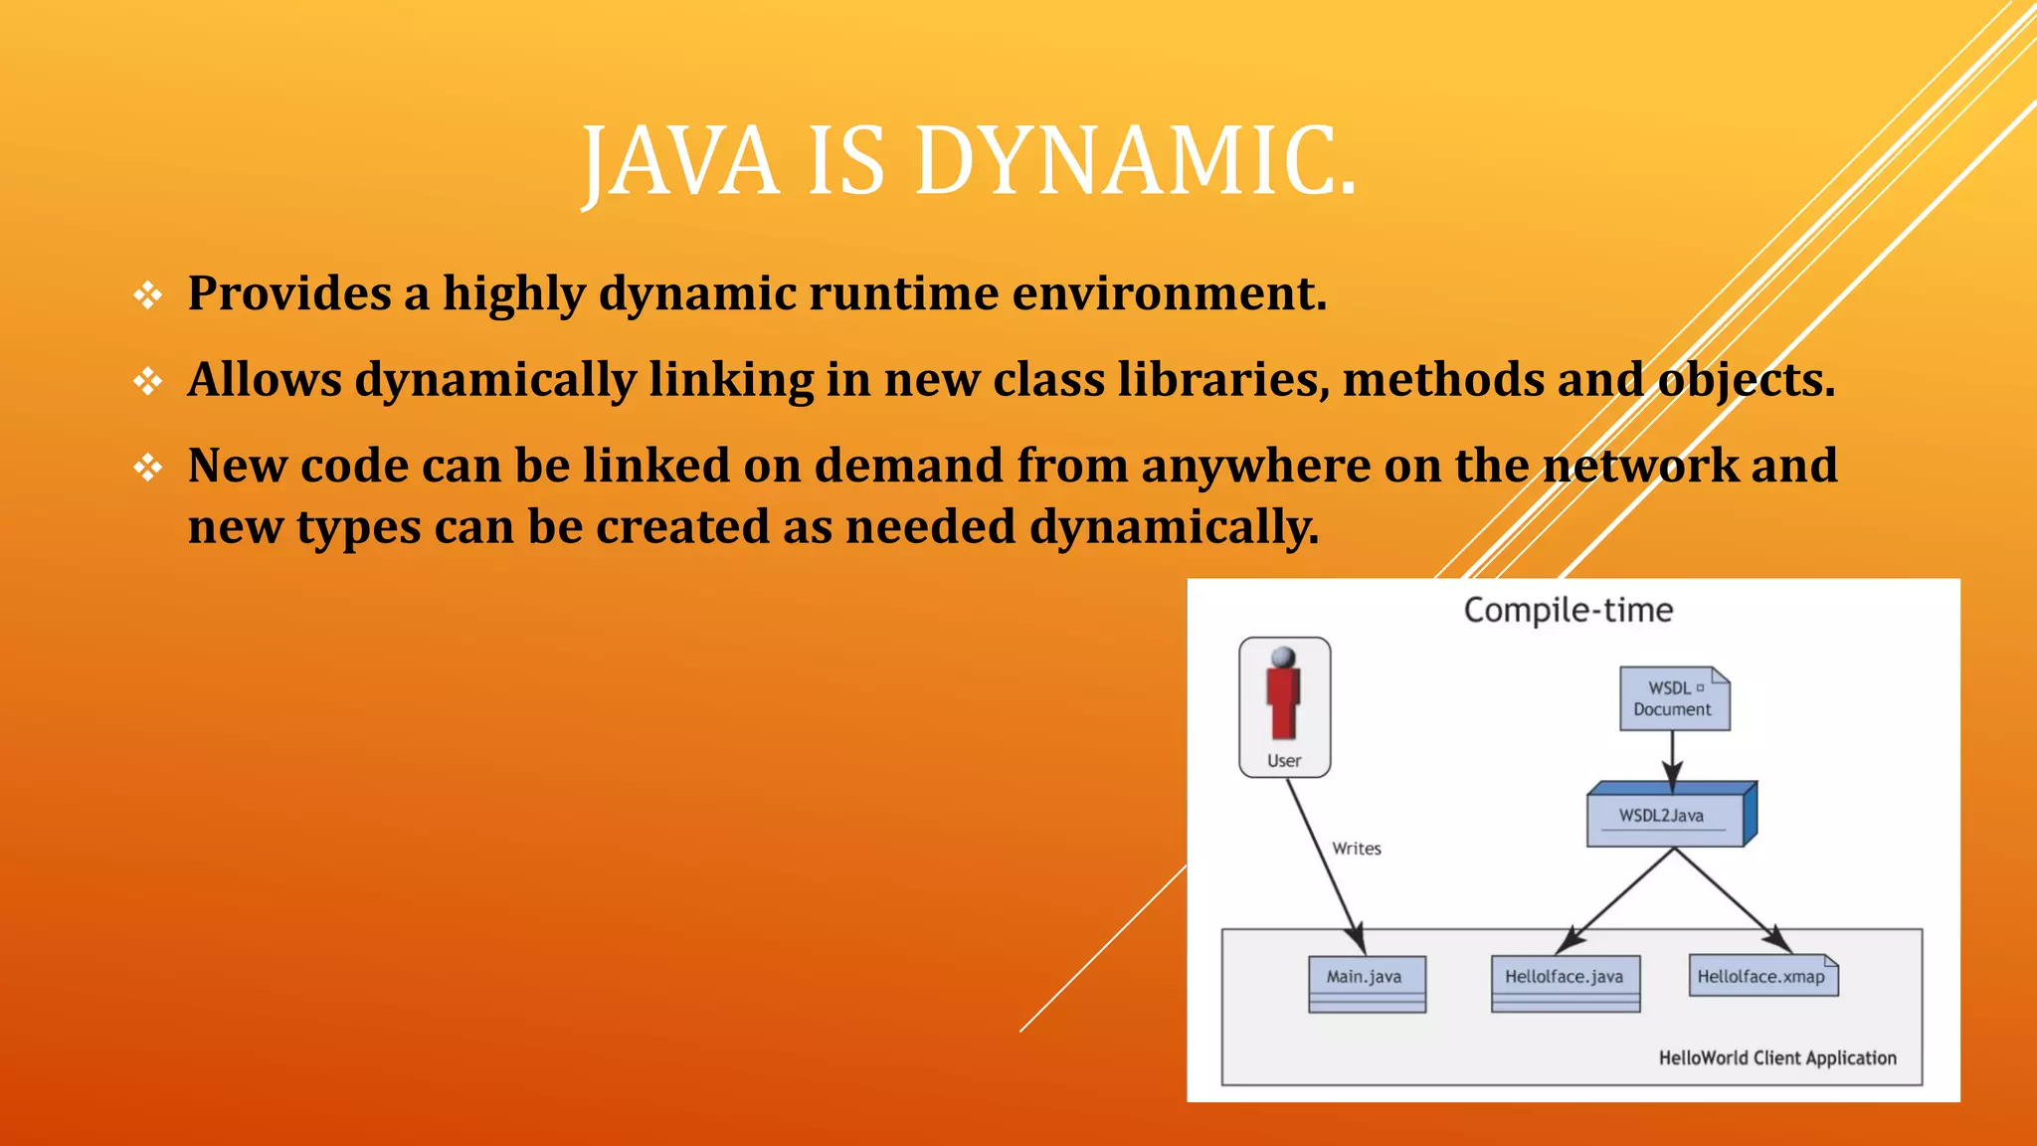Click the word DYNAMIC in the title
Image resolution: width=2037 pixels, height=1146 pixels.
coord(1136,161)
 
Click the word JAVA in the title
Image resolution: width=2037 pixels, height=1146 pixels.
coord(680,161)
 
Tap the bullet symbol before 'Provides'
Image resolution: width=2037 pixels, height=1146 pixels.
coord(148,295)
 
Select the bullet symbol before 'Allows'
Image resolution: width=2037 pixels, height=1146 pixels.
coord(148,381)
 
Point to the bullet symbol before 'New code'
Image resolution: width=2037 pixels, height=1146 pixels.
coord(148,468)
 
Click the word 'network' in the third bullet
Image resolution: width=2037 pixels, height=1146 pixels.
coord(1640,466)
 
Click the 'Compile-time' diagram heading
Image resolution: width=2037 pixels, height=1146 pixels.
coord(1568,610)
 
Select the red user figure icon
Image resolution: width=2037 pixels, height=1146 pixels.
coord(1283,692)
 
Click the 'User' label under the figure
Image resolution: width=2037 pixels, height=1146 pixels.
coord(1283,761)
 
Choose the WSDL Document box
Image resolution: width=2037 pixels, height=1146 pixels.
coord(1674,698)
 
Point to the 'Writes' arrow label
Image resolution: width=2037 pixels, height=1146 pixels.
coord(1356,849)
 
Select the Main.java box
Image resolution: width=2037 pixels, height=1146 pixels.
coord(1367,983)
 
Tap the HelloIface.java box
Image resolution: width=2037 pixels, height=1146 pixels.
coord(1565,983)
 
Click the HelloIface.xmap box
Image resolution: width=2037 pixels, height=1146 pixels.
coord(1762,977)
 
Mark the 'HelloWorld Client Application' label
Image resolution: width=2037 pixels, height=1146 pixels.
coord(1776,1058)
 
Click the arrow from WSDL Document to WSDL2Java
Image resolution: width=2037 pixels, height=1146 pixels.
coord(1673,760)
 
